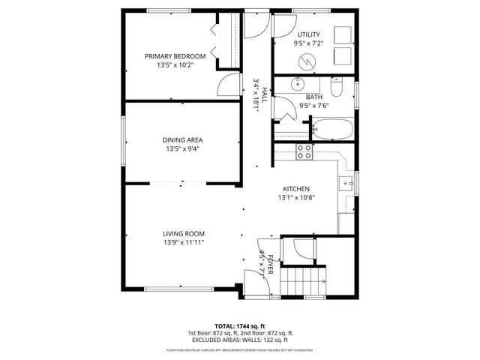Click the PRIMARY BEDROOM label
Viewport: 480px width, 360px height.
click(x=175, y=56)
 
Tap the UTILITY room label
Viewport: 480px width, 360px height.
click(x=308, y=34)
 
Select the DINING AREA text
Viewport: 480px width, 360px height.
click(x=183, y=139)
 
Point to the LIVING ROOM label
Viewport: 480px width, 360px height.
click(x=183, y=233)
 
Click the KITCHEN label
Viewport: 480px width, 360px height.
click(x=296, y=189)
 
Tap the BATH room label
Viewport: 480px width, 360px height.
click(x=313, y=97)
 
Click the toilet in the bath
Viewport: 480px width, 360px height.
click(x=338, y=91)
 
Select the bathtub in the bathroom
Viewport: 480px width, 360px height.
click(x=331, y=131)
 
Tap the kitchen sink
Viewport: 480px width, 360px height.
click(x=346, y=182)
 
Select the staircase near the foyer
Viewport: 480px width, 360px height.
click(x=304, y=284)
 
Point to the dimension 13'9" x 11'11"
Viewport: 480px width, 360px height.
click(x=183, y=242)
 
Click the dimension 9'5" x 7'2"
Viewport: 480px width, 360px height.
click(x=308, y=43)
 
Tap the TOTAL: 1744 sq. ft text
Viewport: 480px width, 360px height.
click(x=239, y=325)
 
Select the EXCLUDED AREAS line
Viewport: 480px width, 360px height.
click(x=239, y=340)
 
